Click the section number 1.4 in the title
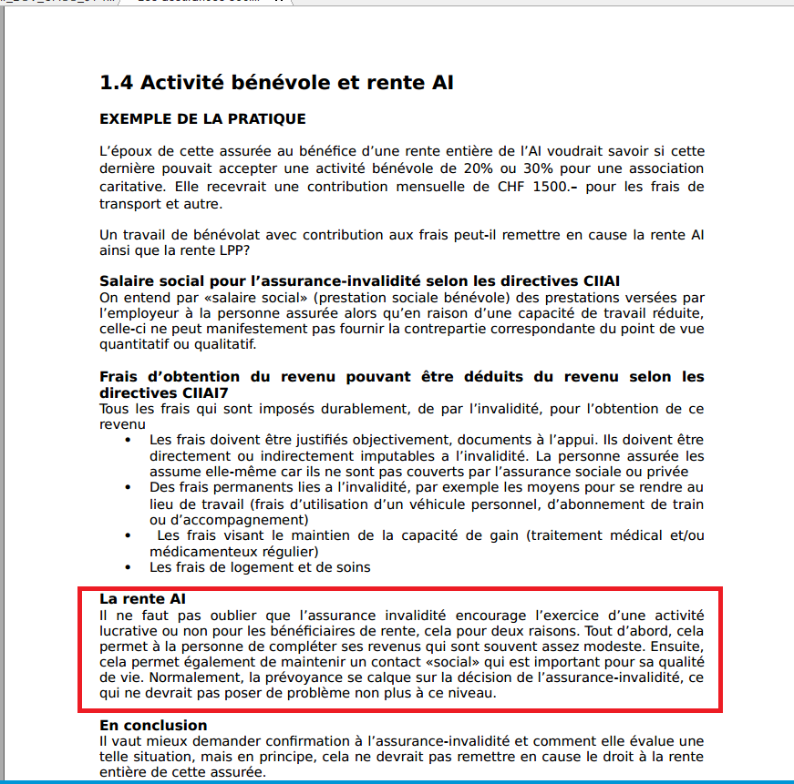117,83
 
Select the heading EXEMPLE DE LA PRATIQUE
202,119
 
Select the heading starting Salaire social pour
359,281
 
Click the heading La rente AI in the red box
142,598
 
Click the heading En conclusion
153,725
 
